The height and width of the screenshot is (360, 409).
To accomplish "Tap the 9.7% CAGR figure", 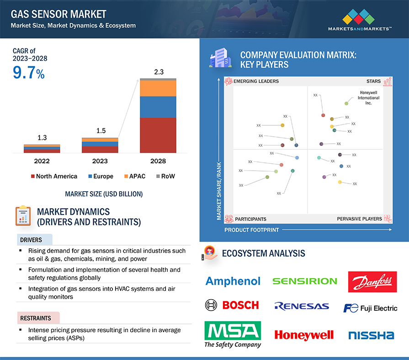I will click(28, 73).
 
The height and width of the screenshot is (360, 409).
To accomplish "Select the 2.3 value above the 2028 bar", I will click(158, 71).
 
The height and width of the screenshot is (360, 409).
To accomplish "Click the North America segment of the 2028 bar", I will click(158, 135).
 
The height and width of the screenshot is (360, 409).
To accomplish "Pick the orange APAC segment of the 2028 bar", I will click(158, 88).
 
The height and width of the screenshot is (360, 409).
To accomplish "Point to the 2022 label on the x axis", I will click(42, 161).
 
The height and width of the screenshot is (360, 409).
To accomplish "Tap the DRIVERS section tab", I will click(32, 240).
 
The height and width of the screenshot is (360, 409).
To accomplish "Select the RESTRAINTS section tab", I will click(36, 317).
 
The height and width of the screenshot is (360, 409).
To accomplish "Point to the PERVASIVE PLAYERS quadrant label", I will click(359, 219).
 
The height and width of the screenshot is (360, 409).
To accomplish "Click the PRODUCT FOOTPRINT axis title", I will click(251, 230).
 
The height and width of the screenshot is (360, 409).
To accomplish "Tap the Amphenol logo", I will click(233, 281).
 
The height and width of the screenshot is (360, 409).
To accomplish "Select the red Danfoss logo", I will click(372, 282).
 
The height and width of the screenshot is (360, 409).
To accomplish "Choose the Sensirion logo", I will click(305, 281).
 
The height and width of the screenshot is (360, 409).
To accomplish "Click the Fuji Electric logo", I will click(370, 308).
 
